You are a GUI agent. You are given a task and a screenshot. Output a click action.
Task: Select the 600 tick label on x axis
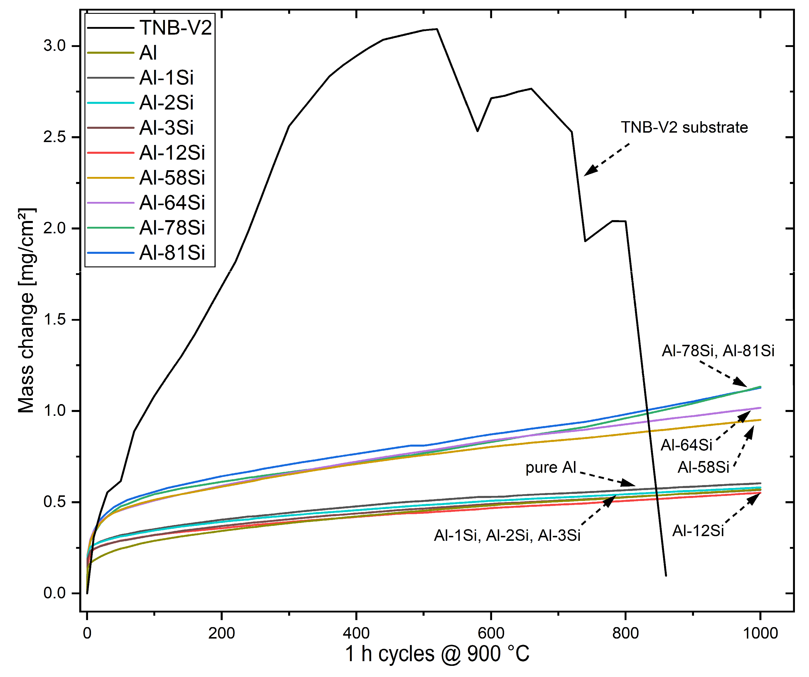click(x=491, y=633)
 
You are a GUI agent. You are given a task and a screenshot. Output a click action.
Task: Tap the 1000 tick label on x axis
click(x=760, y=633)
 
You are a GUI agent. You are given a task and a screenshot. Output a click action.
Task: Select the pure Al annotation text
click(x=550, y=467)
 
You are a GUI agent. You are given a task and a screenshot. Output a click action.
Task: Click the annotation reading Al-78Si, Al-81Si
click(x=718, y=351)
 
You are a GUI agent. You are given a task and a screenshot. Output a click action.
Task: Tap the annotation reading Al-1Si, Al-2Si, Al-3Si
click(x=507, y=536)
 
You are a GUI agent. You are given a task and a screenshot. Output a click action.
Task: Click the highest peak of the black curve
click(x=437, y=29)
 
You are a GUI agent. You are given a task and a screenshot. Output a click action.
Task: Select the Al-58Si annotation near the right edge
click(x=703, y=467)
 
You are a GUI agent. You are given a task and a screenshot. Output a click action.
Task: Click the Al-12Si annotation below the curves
click(x=698, y=531)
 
